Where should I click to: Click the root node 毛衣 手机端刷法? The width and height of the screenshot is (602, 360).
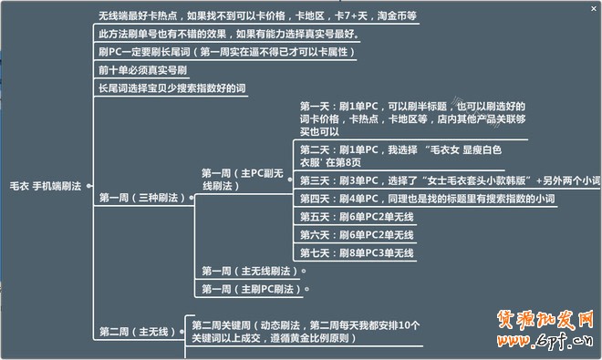(x=46, y=186)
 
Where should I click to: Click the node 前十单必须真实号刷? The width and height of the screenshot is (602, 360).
(x=145, y=69)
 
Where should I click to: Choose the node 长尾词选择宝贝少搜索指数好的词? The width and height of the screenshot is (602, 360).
(x=172, y=87)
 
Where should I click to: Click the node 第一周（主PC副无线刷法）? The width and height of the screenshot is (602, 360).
(x=243, y=179)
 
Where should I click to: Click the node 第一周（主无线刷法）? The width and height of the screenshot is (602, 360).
(x=251, y=271)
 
